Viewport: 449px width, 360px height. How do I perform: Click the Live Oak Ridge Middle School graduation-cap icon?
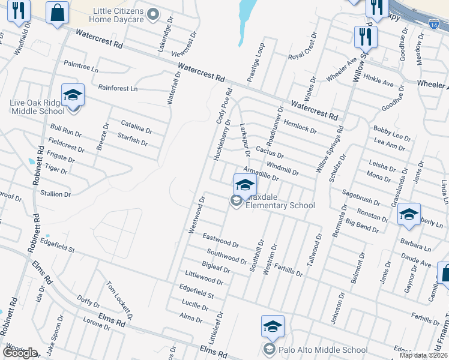pyautogui.click(x=73, y=95)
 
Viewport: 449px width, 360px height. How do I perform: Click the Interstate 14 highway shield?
pyautogui.click(x=434, y=23)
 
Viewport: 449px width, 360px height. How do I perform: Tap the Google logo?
pyautogui.click(x=20, y=353)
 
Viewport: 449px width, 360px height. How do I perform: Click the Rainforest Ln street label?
pyautogui.click(x=118, y=88)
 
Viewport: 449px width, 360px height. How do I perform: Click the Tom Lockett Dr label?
pyautogui.click(x=119, y=301)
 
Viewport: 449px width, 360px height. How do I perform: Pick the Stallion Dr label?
pyautogui.click(x=55, y=194)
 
